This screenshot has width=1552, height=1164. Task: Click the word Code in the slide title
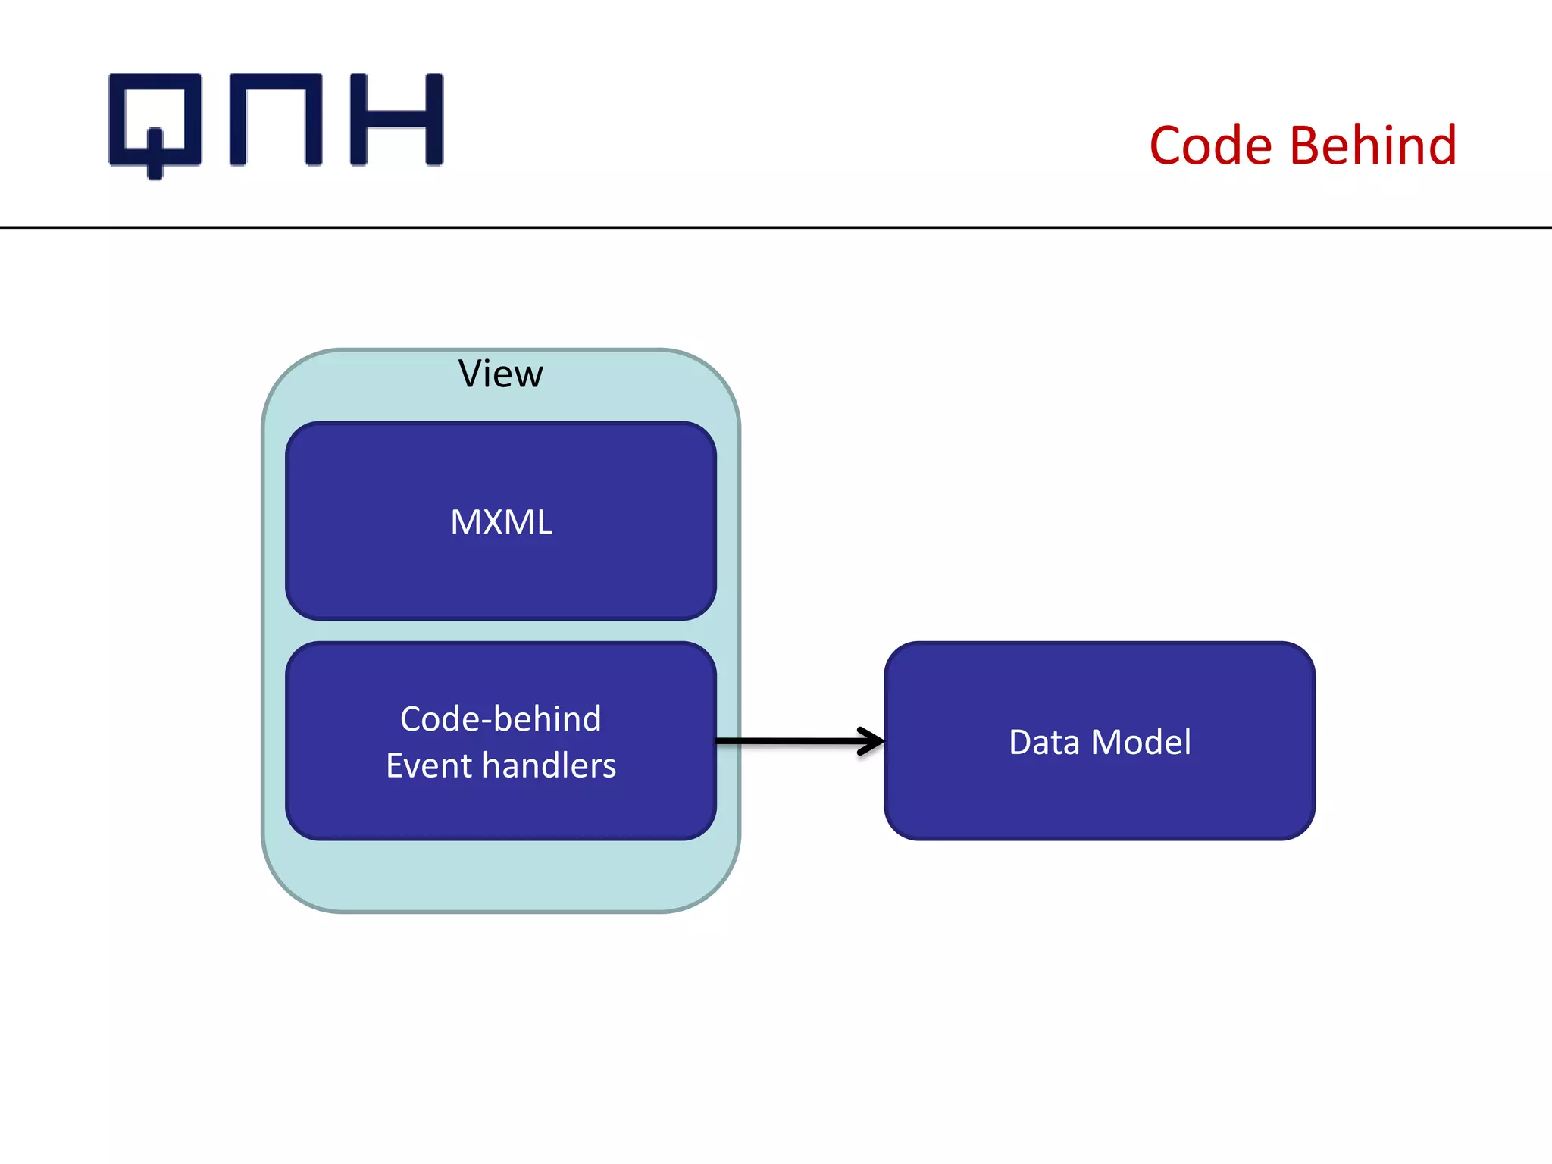(1210, 145)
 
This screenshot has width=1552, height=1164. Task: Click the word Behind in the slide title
(1372, 145)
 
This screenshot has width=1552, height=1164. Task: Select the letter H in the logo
(396, 120)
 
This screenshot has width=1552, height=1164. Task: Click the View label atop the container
(501, 374)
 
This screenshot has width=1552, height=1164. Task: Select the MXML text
(501, 522)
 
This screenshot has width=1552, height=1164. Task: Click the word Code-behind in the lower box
(501, 718)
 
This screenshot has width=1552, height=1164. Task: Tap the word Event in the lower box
(429, 765)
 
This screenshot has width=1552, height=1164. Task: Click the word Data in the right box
(1044, 742)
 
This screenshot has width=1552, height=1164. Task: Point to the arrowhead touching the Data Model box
(876, 741)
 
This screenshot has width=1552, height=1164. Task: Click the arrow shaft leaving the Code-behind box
(788, 741)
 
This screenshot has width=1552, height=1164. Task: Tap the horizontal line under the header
(776, 227)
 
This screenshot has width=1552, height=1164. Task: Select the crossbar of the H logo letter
(396, 120)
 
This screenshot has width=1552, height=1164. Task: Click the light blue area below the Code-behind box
(501, 875)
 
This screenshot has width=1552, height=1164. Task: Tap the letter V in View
(471, 374)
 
